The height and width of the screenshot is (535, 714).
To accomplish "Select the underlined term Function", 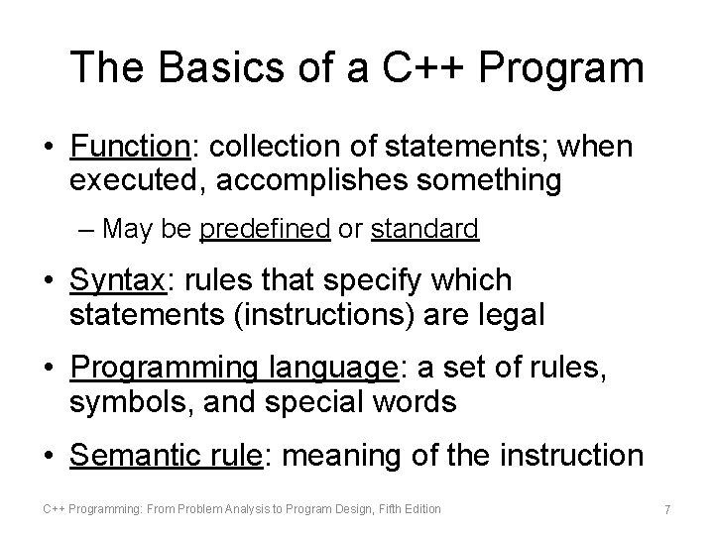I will [129, 148].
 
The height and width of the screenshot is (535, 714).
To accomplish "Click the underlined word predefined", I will [265, 230].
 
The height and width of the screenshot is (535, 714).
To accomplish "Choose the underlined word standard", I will [425, 230].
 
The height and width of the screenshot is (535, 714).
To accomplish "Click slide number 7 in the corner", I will [667, 509].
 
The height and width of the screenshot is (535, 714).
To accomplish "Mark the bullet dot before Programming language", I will [49, 369].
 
